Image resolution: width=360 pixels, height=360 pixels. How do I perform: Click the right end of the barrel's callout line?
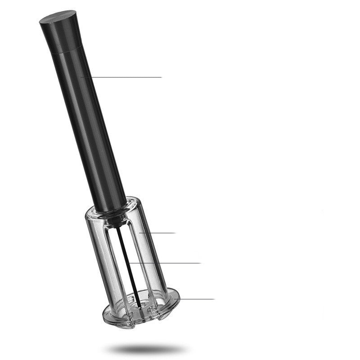pyautogui.click(x=161, y=77)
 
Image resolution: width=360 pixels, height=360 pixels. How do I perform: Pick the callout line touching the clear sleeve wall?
pyautogui.click(x=157, y=233)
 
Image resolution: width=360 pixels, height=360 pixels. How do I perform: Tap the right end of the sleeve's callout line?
pyautogui.click(x=175, y=233)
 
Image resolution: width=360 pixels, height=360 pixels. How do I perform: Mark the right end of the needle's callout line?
pyautogui.click(x=200, y=263)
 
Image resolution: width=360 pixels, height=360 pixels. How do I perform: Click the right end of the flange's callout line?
pyautogui.click(x=214, y=299)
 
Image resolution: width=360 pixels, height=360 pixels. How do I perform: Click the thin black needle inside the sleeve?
pyautogui.click(x=125, y=252)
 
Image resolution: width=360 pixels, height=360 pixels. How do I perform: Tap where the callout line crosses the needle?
pyautogui.click(x=128, y=263)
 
